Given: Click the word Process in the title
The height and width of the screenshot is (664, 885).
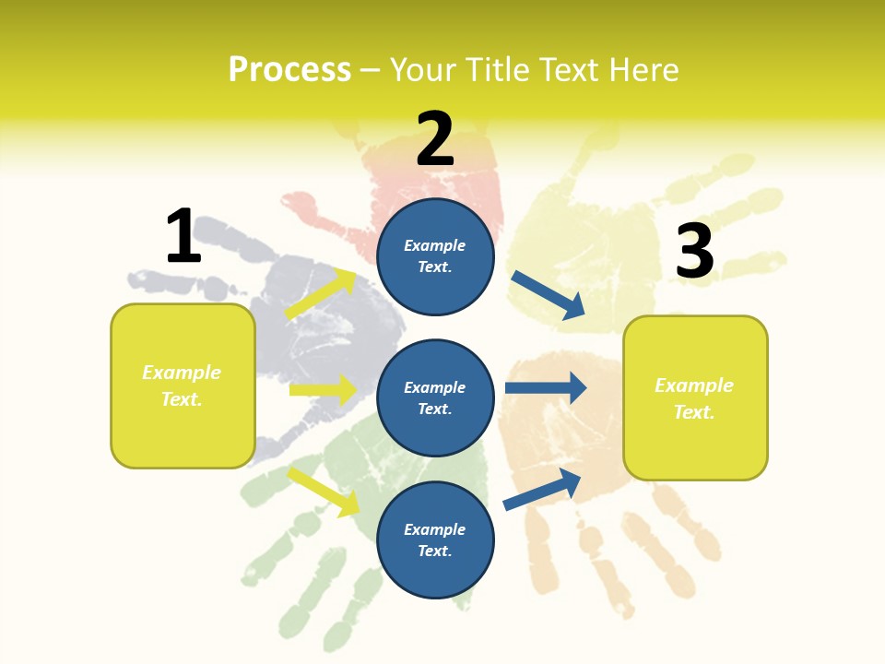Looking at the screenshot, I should pos(289,69).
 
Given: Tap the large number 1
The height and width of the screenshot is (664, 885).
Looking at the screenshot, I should pos(183,236).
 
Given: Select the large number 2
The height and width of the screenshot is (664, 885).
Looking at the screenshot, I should pos(435,138).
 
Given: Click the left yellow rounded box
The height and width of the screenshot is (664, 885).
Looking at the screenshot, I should pos(183,385).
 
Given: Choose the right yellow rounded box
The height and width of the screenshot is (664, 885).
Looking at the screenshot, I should pos(695,398).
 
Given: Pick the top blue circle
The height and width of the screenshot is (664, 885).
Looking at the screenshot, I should pos(435,256).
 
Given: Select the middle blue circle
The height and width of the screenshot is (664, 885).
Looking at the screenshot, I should pos(435,398).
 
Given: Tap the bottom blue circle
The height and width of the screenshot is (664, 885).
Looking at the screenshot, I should pos(435,540).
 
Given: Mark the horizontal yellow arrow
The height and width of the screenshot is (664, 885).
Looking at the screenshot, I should pos(323,390).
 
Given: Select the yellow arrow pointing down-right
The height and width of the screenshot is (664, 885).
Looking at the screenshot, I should pos(323,491).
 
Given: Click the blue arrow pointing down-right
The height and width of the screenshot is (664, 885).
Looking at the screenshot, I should pos(548,295).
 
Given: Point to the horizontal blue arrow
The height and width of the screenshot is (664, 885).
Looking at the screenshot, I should pos(546,387).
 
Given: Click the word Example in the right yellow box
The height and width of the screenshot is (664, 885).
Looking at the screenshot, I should pos(694,385).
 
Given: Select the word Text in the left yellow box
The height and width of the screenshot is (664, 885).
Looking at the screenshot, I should pos(181,399).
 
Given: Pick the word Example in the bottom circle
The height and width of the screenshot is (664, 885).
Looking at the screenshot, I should pos(435,529).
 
